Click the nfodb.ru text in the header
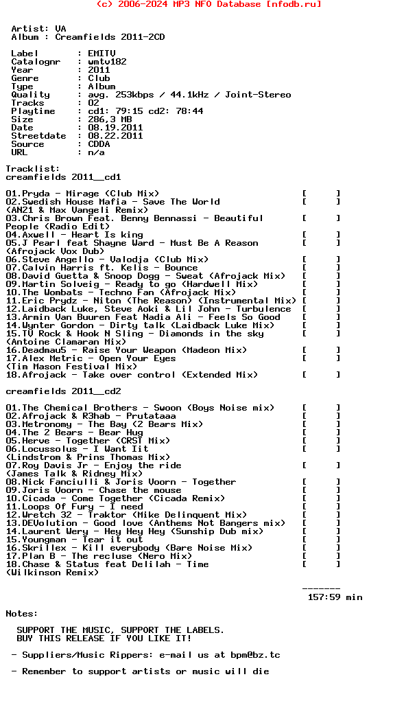[x=291, y=4]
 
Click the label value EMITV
[x=102, y=54]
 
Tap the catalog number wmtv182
[x=107, y=62]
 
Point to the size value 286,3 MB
[x=110, y=119]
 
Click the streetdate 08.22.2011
[x=115, y=136]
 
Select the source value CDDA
[x=99, y=144]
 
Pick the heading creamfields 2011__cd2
[x=63, y=391]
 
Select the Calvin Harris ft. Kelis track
[x=102, y=268]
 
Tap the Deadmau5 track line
[x=126, y=350]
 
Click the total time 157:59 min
[x=335, y=597]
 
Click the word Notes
[x=22, y=614]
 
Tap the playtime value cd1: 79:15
[x=118, y=111]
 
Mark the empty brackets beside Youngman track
[x=321, y=540]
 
